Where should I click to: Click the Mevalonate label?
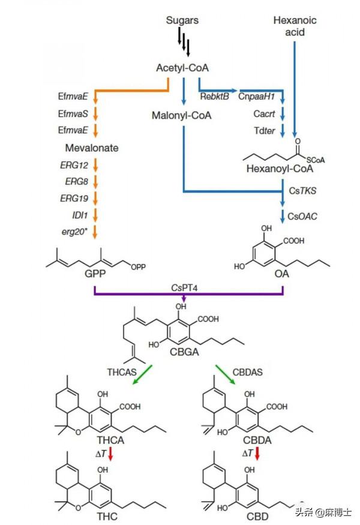coord(92,148)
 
